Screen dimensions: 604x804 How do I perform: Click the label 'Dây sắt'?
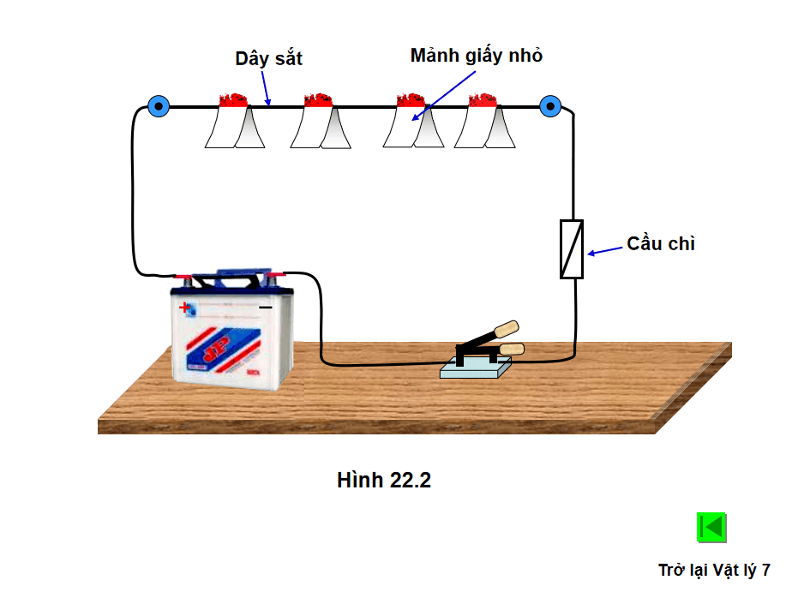(268, 59)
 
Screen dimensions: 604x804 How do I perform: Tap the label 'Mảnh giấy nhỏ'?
(477, 56)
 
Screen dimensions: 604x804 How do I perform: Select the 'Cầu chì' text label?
(660, 243)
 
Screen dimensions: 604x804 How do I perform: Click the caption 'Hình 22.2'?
(384, 481)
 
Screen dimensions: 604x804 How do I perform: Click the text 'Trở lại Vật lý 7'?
(714, 570)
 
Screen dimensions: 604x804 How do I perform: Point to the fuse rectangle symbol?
(572, 248)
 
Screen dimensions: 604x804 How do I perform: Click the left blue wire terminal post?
(158, 106)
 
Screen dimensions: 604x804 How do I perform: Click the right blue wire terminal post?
(550, 106)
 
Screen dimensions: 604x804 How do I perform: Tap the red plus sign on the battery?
(184, 306)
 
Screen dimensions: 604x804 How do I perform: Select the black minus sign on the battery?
(266, 306)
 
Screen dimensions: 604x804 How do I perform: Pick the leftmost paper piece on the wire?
(234, 125)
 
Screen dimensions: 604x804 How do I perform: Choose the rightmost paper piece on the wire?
(483, 125)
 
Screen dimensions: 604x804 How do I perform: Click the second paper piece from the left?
(320, 125)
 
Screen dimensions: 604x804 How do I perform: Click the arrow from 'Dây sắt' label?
(266, 88)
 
